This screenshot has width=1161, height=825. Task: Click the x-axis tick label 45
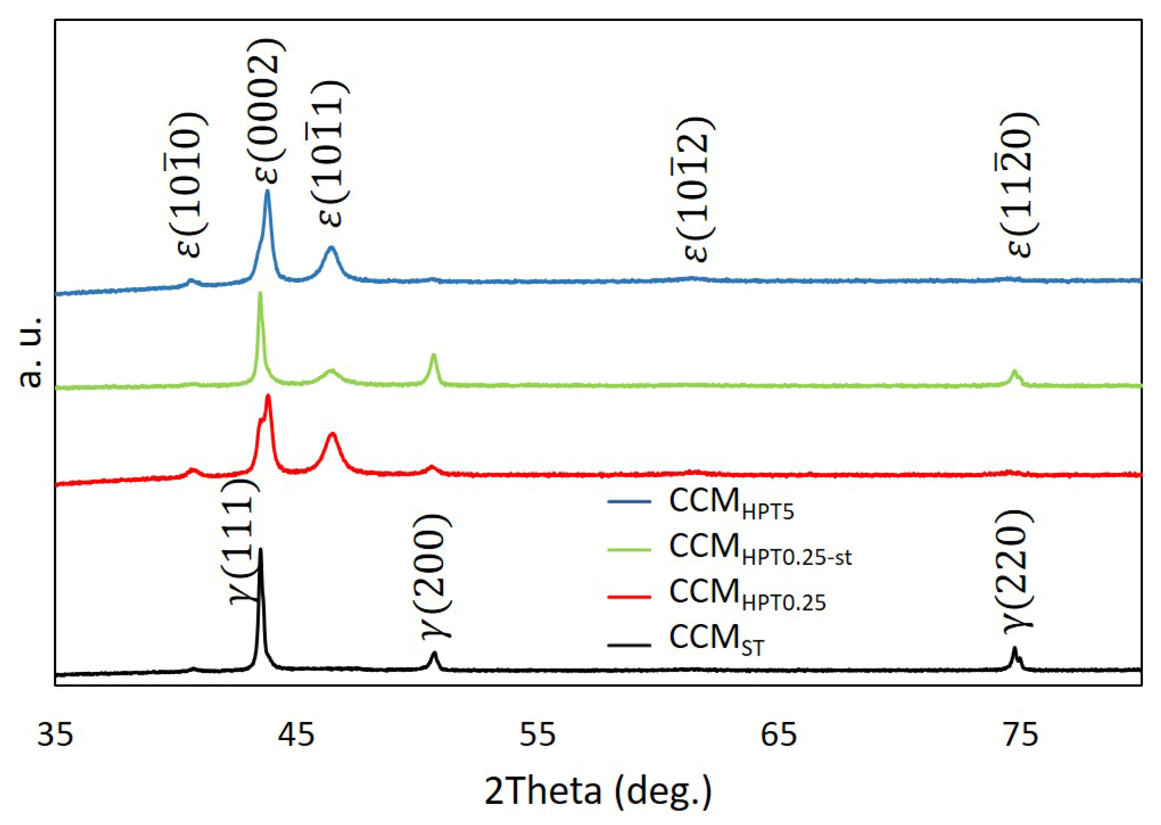click(x=296, y=736)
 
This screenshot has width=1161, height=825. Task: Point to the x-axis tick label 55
click(x=537, y=736)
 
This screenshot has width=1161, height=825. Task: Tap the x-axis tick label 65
click(x=779, y=736)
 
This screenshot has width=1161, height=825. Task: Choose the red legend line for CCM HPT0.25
click(x=629, y=597)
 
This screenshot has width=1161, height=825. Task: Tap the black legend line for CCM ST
click(x=629, y=646)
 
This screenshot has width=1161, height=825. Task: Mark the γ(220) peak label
click(x=1018, y=572)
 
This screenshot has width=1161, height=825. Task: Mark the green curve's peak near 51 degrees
click(x=433, y=354)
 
